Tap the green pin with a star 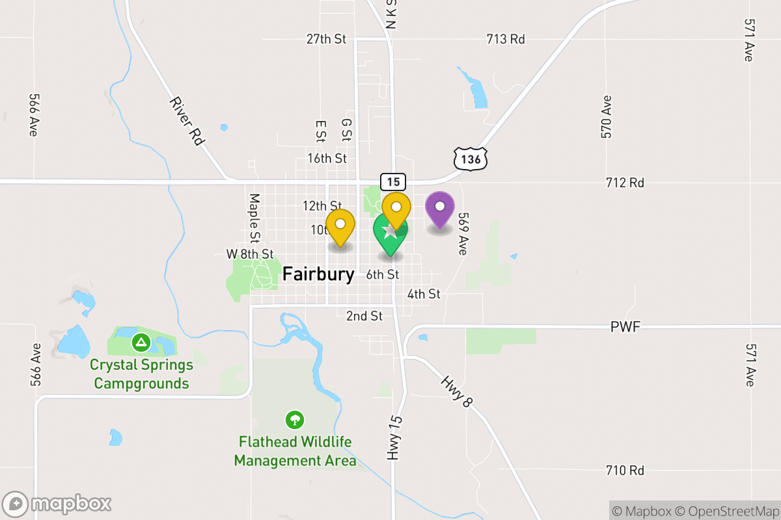(390, 233)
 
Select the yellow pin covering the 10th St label (340, 225)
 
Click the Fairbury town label (318, 274)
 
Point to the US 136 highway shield (470, 159)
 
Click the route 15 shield (393, 182)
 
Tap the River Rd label (187, 121)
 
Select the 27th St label (326, 39)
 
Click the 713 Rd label (506, 39)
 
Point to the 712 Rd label (625, 183)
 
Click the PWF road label (625, 326)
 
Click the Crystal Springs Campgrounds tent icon (140, 341)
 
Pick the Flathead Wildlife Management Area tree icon (295, 419)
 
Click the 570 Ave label (607, 117)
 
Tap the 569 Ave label (463, 233)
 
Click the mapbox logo (57, 504)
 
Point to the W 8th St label (249, 253)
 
